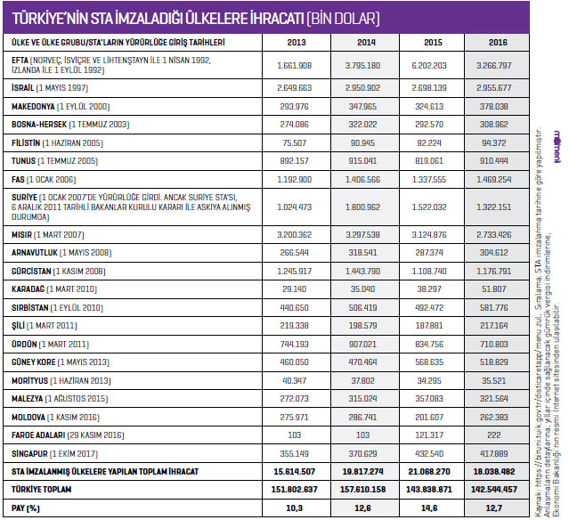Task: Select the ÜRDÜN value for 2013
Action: [x=296, y=344]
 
